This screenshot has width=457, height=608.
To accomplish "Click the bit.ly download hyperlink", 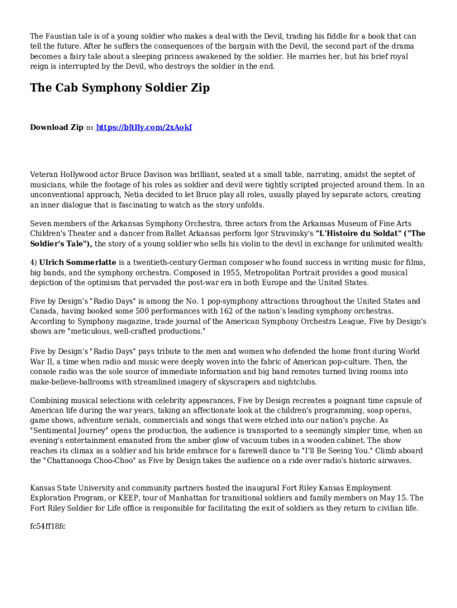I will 144,128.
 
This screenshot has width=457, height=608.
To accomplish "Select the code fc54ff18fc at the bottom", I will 48,526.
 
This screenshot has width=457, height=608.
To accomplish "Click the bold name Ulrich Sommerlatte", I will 78,262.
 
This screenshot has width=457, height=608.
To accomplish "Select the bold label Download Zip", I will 57,128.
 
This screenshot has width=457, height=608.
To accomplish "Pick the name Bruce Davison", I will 147,175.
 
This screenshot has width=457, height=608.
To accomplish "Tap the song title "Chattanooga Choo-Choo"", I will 100,461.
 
